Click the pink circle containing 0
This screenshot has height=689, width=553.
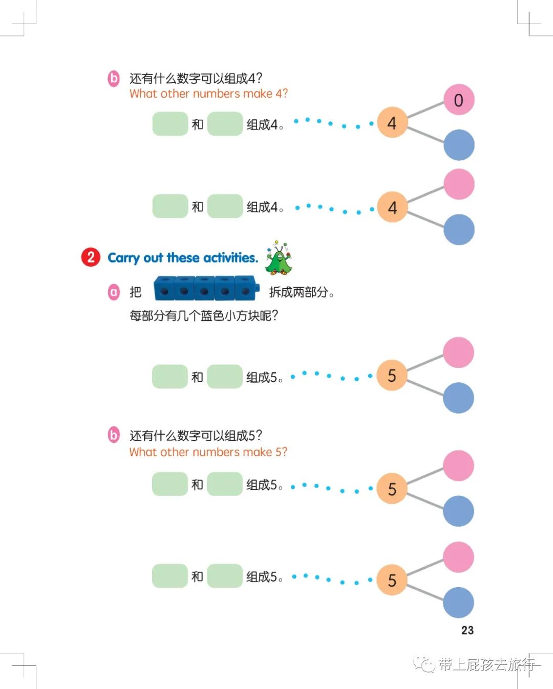tap(458, 100)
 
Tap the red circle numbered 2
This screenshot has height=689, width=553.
tap(91, 257)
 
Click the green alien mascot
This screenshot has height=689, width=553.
tap(278, 258)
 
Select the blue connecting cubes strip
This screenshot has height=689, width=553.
tap(206, 290)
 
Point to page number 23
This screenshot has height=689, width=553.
tap(467, 630)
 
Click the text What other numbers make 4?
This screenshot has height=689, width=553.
tap(208, 94)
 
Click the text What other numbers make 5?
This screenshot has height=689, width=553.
tap(208, 452)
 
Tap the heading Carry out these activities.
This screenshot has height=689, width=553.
tap(182, 257)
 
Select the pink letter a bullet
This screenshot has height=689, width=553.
tap(114, 292)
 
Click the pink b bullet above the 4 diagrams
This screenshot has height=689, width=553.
tap(113, 78)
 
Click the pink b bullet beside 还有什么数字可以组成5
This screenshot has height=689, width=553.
tap(113, 435)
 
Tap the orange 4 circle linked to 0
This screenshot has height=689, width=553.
tap(392, 123)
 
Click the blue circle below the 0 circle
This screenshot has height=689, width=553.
tap(459, 145)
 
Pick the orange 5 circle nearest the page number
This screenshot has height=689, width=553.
tap(392, 580)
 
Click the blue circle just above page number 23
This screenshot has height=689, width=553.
tap(458, 602)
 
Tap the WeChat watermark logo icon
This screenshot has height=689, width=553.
tap(424, 664)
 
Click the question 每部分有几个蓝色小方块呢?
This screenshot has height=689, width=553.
tap(203, 315)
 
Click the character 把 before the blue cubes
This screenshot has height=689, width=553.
tap(135, 292)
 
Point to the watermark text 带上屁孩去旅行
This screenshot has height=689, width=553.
tap(486, 664)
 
